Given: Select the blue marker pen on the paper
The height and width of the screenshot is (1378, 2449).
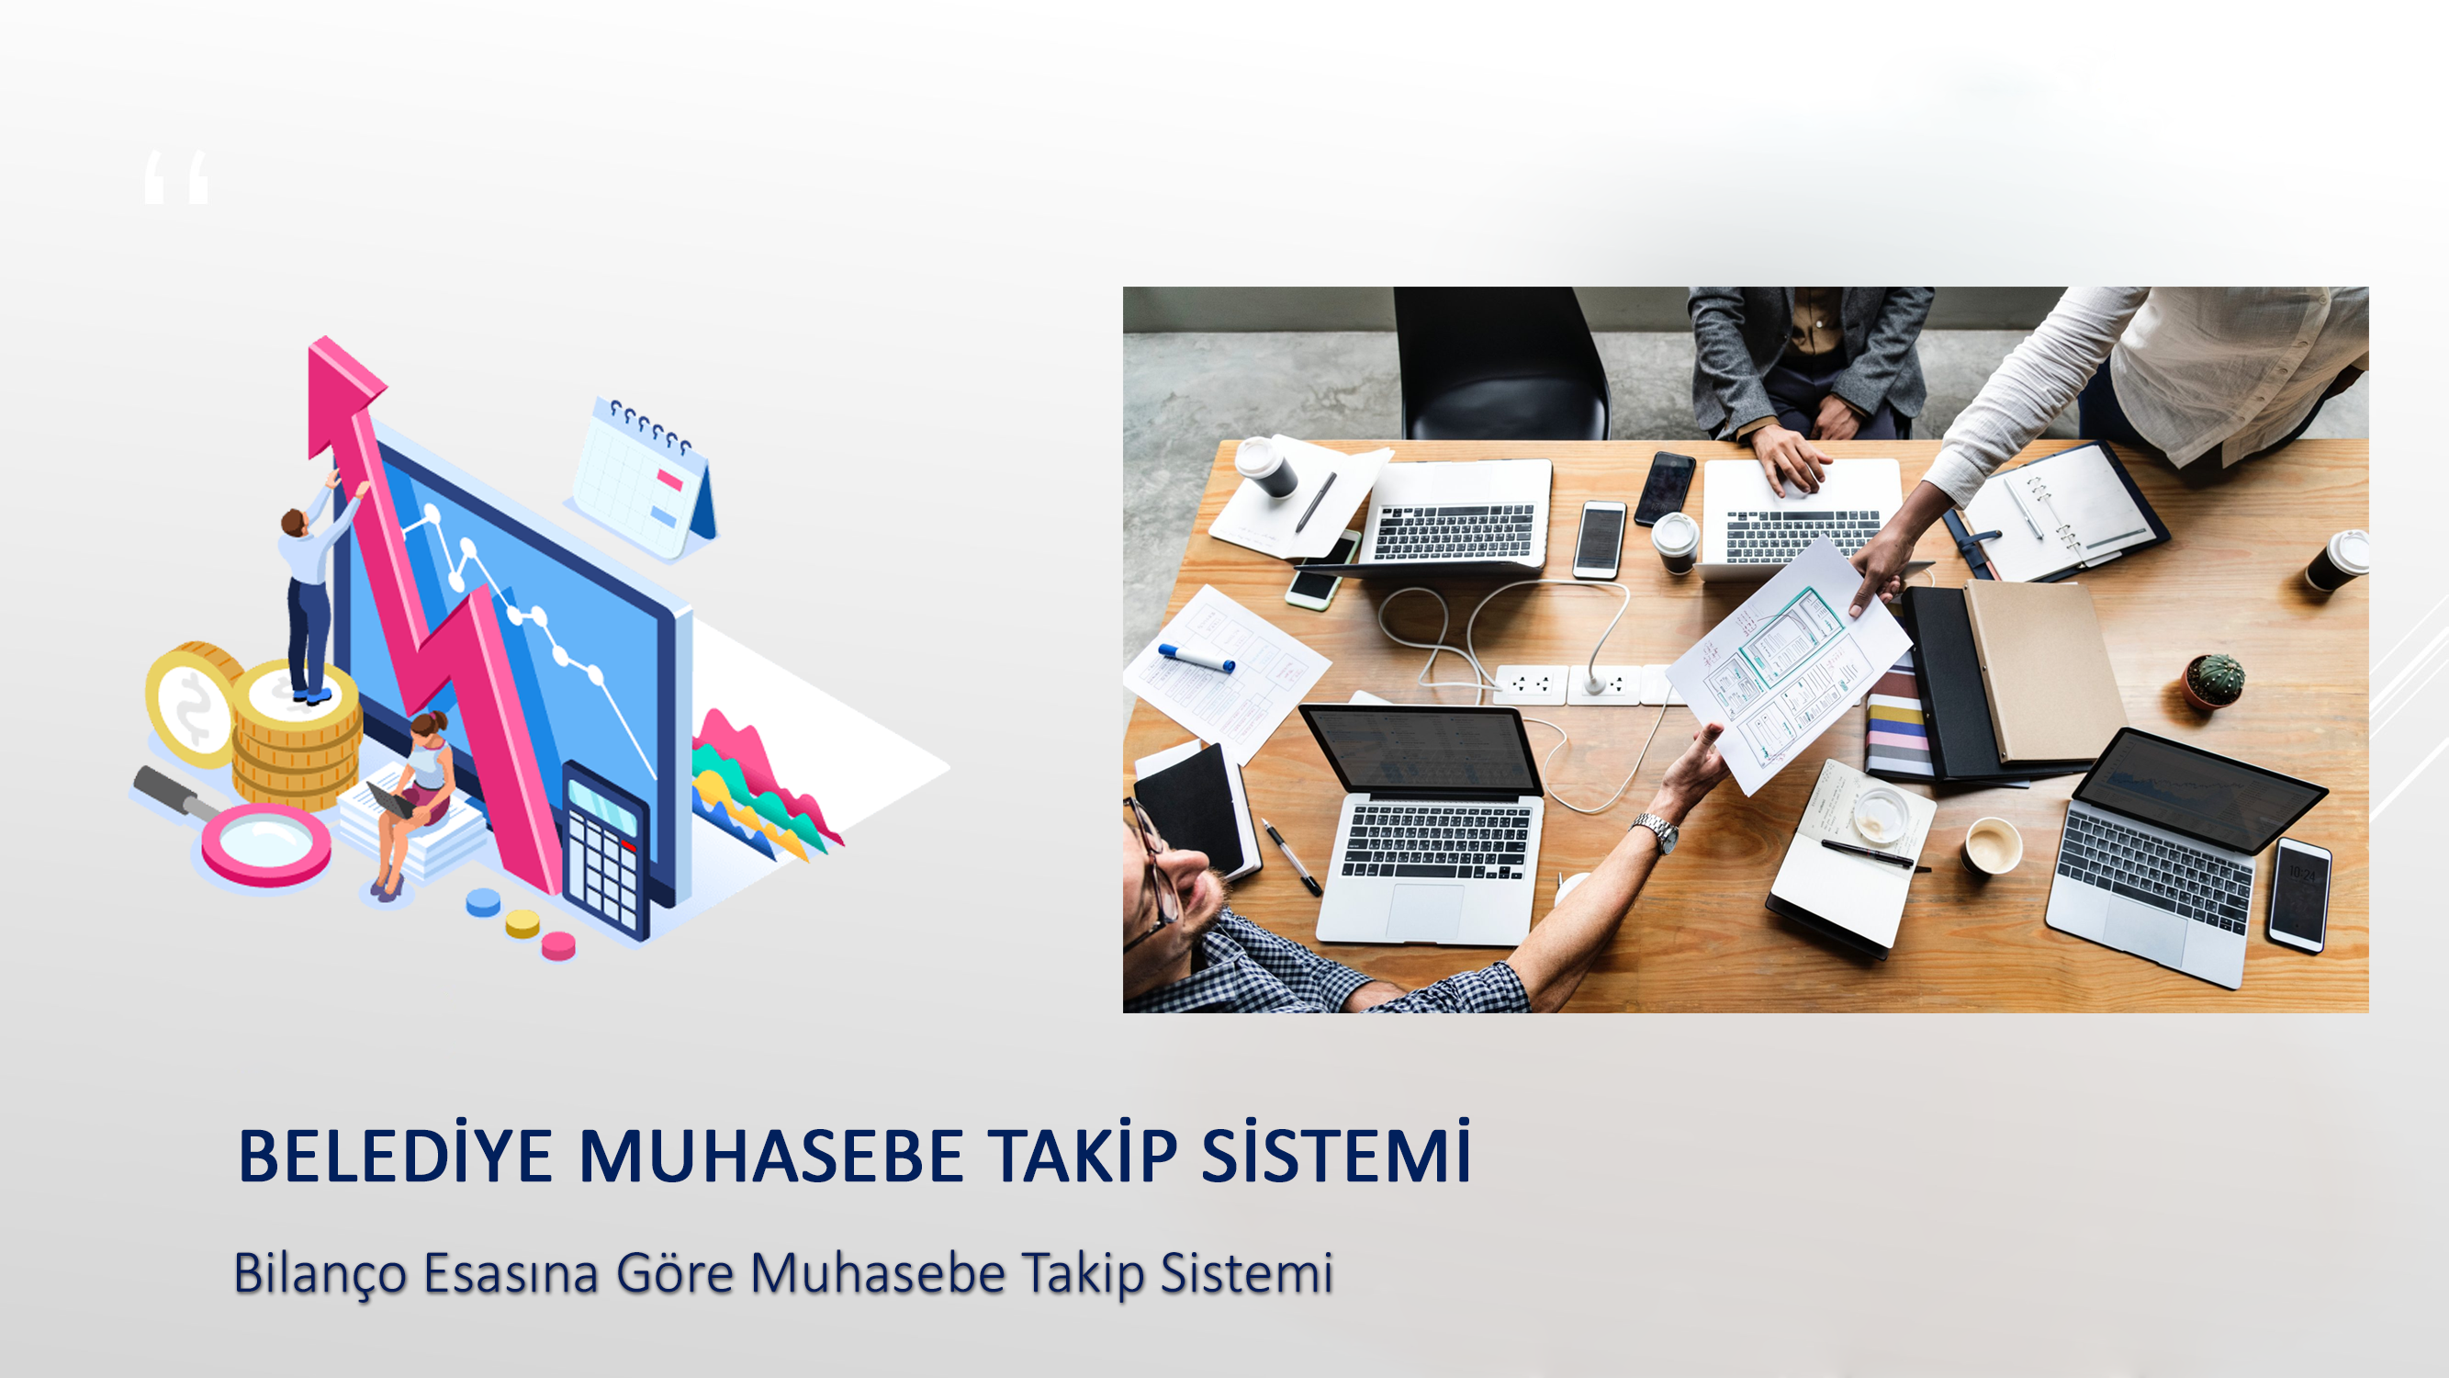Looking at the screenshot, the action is pyautogui.click(x=1196, y=657).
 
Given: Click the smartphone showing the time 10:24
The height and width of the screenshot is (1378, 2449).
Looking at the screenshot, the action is pyautogui.click(x=2299, y=894).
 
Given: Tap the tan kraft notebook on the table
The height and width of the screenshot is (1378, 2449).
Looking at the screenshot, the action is pyautogui.click(x=2044, y=671).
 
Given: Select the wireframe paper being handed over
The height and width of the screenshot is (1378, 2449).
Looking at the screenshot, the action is pyautogui.click(x=1787, y=666).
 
